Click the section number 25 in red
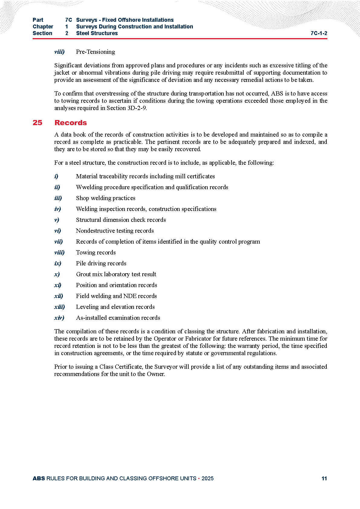point(37,123)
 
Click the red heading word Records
point(70,123)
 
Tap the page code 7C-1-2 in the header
point(319,33)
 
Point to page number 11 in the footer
point(324,478)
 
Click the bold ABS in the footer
point(39,478)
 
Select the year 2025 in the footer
point(207,478)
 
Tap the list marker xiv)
point(59,318)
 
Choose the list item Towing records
point(96,252)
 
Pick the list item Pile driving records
point(101,263)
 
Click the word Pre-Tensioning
point(95,52)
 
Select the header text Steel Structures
point(97,33)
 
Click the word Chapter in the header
point(43,27)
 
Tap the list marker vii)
point(59,242)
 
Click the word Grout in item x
point(83,274)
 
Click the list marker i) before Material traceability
point(56,176)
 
